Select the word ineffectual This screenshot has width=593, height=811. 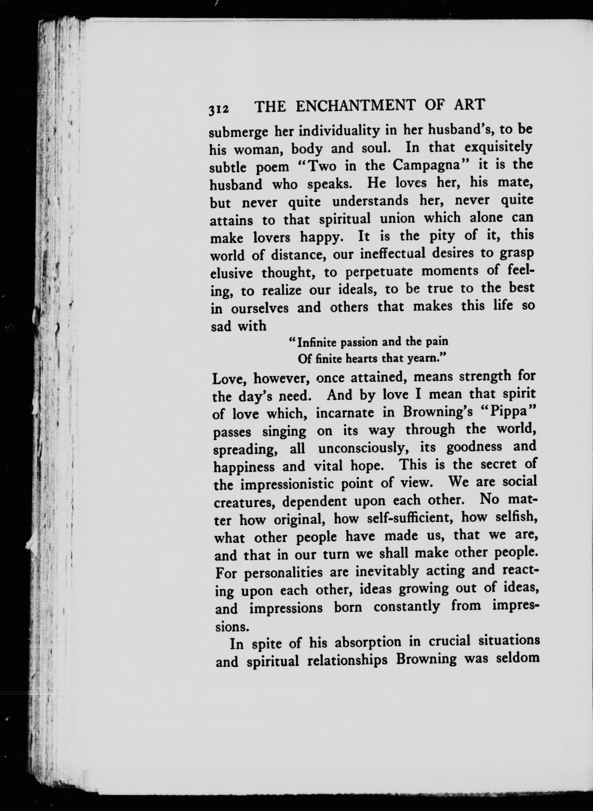pyautogui.click(x=393, y=254)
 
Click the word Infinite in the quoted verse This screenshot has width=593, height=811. pyautogui.click(x=316, y=342)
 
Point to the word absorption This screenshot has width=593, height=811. pyautogui.click(x=368, y=642)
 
